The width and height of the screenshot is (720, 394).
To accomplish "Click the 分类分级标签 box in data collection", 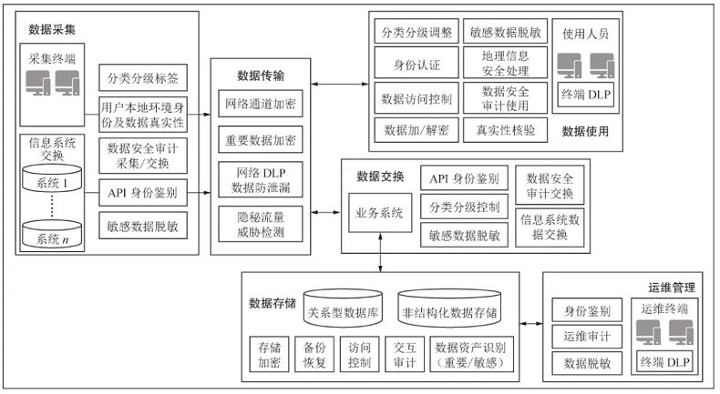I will pyautogui.click(x=142, y=76).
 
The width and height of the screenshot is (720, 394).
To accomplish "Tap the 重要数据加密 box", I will pyautogui.click(x=260, y=141).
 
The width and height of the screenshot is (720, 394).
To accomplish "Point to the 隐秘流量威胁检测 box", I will pyautogui.click(x=260, y=224).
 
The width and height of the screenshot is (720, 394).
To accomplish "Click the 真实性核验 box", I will pyautogui.click(x=505, y=130).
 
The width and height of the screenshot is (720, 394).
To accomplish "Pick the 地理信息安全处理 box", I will pyautogui.click(x=505, y=63).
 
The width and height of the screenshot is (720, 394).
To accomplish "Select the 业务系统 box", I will pyautogui.click(x=378, y=213).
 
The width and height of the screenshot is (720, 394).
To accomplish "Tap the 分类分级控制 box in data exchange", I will pyautogui.click(x=463, y=207).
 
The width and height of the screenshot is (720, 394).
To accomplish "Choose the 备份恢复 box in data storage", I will pyautogui.click(x=314, y=354).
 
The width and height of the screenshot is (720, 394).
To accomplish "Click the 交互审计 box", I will pyautogui.click(x=404, y=354).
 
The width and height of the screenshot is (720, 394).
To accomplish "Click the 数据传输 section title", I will pyautogui.click(x=260, y=75).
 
